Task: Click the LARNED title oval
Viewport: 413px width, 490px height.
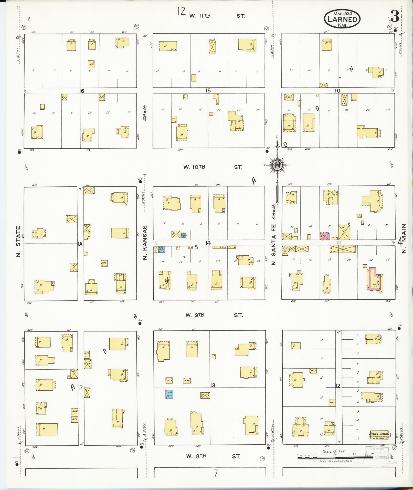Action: [342, 19]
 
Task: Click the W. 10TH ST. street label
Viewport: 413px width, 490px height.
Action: [212, 167]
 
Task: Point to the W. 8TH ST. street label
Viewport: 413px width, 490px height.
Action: [213, 456]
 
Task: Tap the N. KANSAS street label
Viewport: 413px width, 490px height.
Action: [145, 243]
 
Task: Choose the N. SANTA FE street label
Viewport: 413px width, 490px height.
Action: [273, 244]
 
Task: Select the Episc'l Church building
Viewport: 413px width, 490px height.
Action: [379, 435]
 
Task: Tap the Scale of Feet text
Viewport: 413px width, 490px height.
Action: [335, 451]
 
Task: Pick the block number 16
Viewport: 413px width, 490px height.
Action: [81, 91]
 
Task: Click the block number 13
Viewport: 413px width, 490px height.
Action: [213, 385]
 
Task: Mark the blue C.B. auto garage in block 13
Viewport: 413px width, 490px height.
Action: [170, 394]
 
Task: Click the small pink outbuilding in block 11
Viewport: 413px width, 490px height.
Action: [324, 236]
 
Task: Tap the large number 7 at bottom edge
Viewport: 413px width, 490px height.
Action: [216, 474]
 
